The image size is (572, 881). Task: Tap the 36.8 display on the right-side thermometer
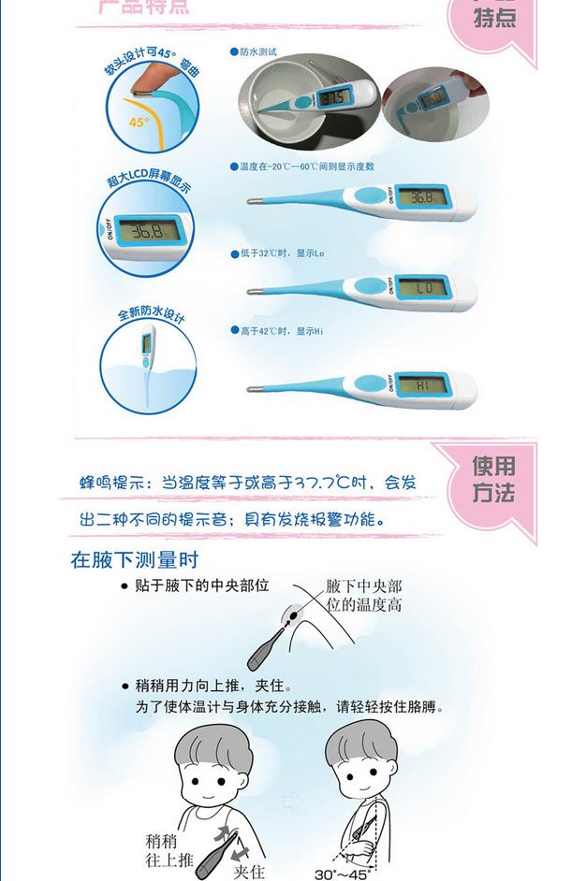click(x=422, y=197)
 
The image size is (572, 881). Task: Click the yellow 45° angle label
click(x=139, y=122)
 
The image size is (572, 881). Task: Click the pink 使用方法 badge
click(x=493, y=480)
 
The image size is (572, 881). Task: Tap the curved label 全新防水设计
click(x=150, y=313)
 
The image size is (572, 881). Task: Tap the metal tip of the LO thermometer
click(x=250, y=295)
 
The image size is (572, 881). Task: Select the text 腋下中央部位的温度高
click(x=364, y=596)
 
